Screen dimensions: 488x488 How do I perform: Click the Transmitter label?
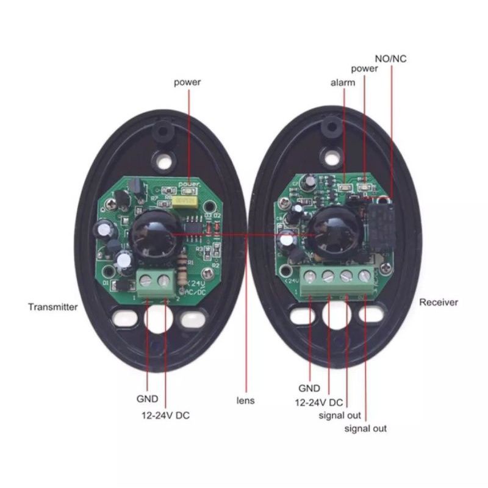(53, 307)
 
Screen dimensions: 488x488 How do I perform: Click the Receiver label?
(439, 302)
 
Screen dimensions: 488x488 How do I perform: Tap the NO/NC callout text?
(390, 59)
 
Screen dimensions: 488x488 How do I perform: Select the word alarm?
(343, 83)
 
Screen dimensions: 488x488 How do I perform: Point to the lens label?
(246, 401)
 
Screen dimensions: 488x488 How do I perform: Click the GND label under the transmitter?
(147, 399)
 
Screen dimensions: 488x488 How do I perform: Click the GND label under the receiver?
(309, 388)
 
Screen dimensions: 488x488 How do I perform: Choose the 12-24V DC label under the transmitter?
(165, 415)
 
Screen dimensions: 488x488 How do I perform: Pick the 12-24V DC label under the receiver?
(318, 403)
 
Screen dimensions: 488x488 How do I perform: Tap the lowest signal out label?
(365, 429)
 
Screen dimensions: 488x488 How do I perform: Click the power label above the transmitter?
(187, 82)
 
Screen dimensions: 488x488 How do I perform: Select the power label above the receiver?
(364, 68)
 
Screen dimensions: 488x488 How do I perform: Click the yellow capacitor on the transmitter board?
(185, 202)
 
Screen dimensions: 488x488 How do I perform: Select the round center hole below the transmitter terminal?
(159, 318)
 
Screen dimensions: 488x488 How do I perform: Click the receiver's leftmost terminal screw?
(310, 276)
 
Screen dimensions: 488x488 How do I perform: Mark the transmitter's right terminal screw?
(163, 281)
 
